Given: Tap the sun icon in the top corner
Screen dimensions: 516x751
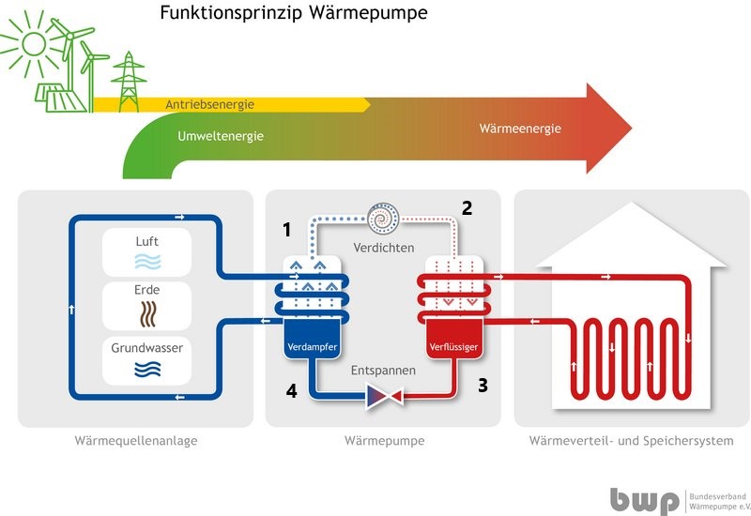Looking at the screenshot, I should coord(34,44).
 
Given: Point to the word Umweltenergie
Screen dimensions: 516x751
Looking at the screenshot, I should coord(220,136).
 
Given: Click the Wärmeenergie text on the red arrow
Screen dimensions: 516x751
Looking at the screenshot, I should coord(519,129).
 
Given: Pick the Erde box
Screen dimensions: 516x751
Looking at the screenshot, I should coord(146,302).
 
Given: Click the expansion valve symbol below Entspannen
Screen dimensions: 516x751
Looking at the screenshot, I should coord(384,398).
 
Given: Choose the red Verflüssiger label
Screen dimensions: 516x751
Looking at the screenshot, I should coord(454,348).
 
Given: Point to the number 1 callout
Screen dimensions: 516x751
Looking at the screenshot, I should coord(288,229).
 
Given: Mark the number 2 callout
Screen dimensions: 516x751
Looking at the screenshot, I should coord(467,208).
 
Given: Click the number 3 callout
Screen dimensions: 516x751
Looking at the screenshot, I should coord(483,384).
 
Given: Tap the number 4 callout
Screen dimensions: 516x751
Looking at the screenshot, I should coord(291,391).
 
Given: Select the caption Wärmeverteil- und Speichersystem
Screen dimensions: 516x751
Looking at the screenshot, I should coord(631,441).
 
